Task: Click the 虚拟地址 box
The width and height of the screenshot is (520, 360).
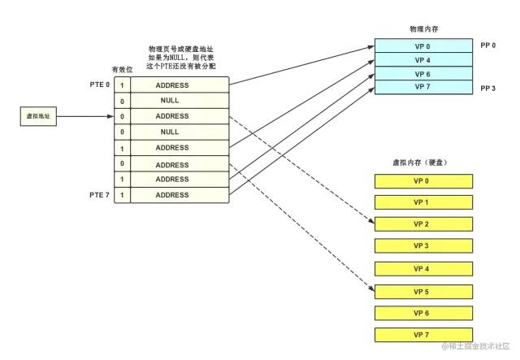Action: pos(36,116)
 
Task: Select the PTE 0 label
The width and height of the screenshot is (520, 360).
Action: pos(99,85)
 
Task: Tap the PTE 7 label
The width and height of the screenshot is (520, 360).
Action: pos(99,195)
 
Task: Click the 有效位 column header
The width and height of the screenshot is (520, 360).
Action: pos(121,70)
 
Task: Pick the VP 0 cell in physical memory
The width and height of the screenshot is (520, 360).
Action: pos(422,46)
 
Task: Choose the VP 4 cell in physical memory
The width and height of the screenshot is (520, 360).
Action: pos(422,59)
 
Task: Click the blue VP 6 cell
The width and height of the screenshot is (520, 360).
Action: pos(422,73)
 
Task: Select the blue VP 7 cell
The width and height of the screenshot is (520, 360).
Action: pos(422,86)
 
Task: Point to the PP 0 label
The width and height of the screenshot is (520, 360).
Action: pos(489,46)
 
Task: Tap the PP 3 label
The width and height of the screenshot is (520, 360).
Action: pos(489,87)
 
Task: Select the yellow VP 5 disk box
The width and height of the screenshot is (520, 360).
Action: pos(422,291)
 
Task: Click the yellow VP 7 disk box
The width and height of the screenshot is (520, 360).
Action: pos(422,335)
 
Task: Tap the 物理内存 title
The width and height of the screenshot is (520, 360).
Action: pos(422,28)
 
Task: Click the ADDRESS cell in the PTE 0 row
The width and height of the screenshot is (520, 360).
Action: pos(171,85)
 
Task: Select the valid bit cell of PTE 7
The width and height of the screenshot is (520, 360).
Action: pos(122,195)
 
